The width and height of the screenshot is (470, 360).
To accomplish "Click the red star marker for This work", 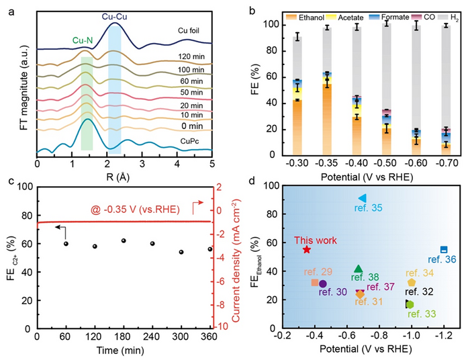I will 307,249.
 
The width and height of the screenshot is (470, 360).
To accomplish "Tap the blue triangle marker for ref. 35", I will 362,198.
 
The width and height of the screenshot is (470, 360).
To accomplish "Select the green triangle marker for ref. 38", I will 359,269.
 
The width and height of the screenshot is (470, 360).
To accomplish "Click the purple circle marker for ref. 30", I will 323,284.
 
